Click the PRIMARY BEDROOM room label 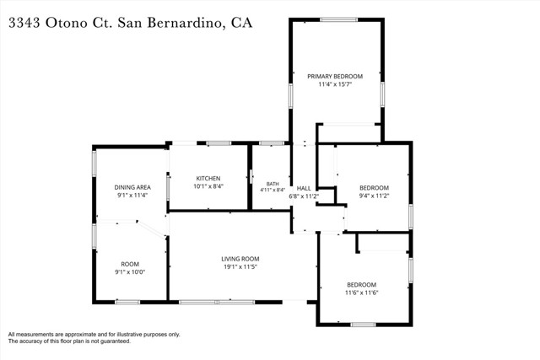(335, 77)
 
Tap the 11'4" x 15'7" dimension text (335, 84)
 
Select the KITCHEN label (208, 178)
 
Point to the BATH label (273, 184)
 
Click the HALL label (304, 188)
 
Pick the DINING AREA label (132, 187)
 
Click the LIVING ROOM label (240, 259)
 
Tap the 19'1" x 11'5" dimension (240, 266)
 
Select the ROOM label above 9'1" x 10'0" (130, 264)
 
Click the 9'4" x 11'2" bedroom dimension (374, 196)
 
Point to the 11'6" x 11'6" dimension (362, 293)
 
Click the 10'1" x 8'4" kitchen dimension (208, 186)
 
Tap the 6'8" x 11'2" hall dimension (304, 196)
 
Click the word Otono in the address (67, 23)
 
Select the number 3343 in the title (24, 23)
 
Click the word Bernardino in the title (184, 23)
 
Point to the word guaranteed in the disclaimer (115, 341)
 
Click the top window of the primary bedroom (338, 19)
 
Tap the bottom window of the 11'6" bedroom (363, 325)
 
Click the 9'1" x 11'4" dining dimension (132, 195)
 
